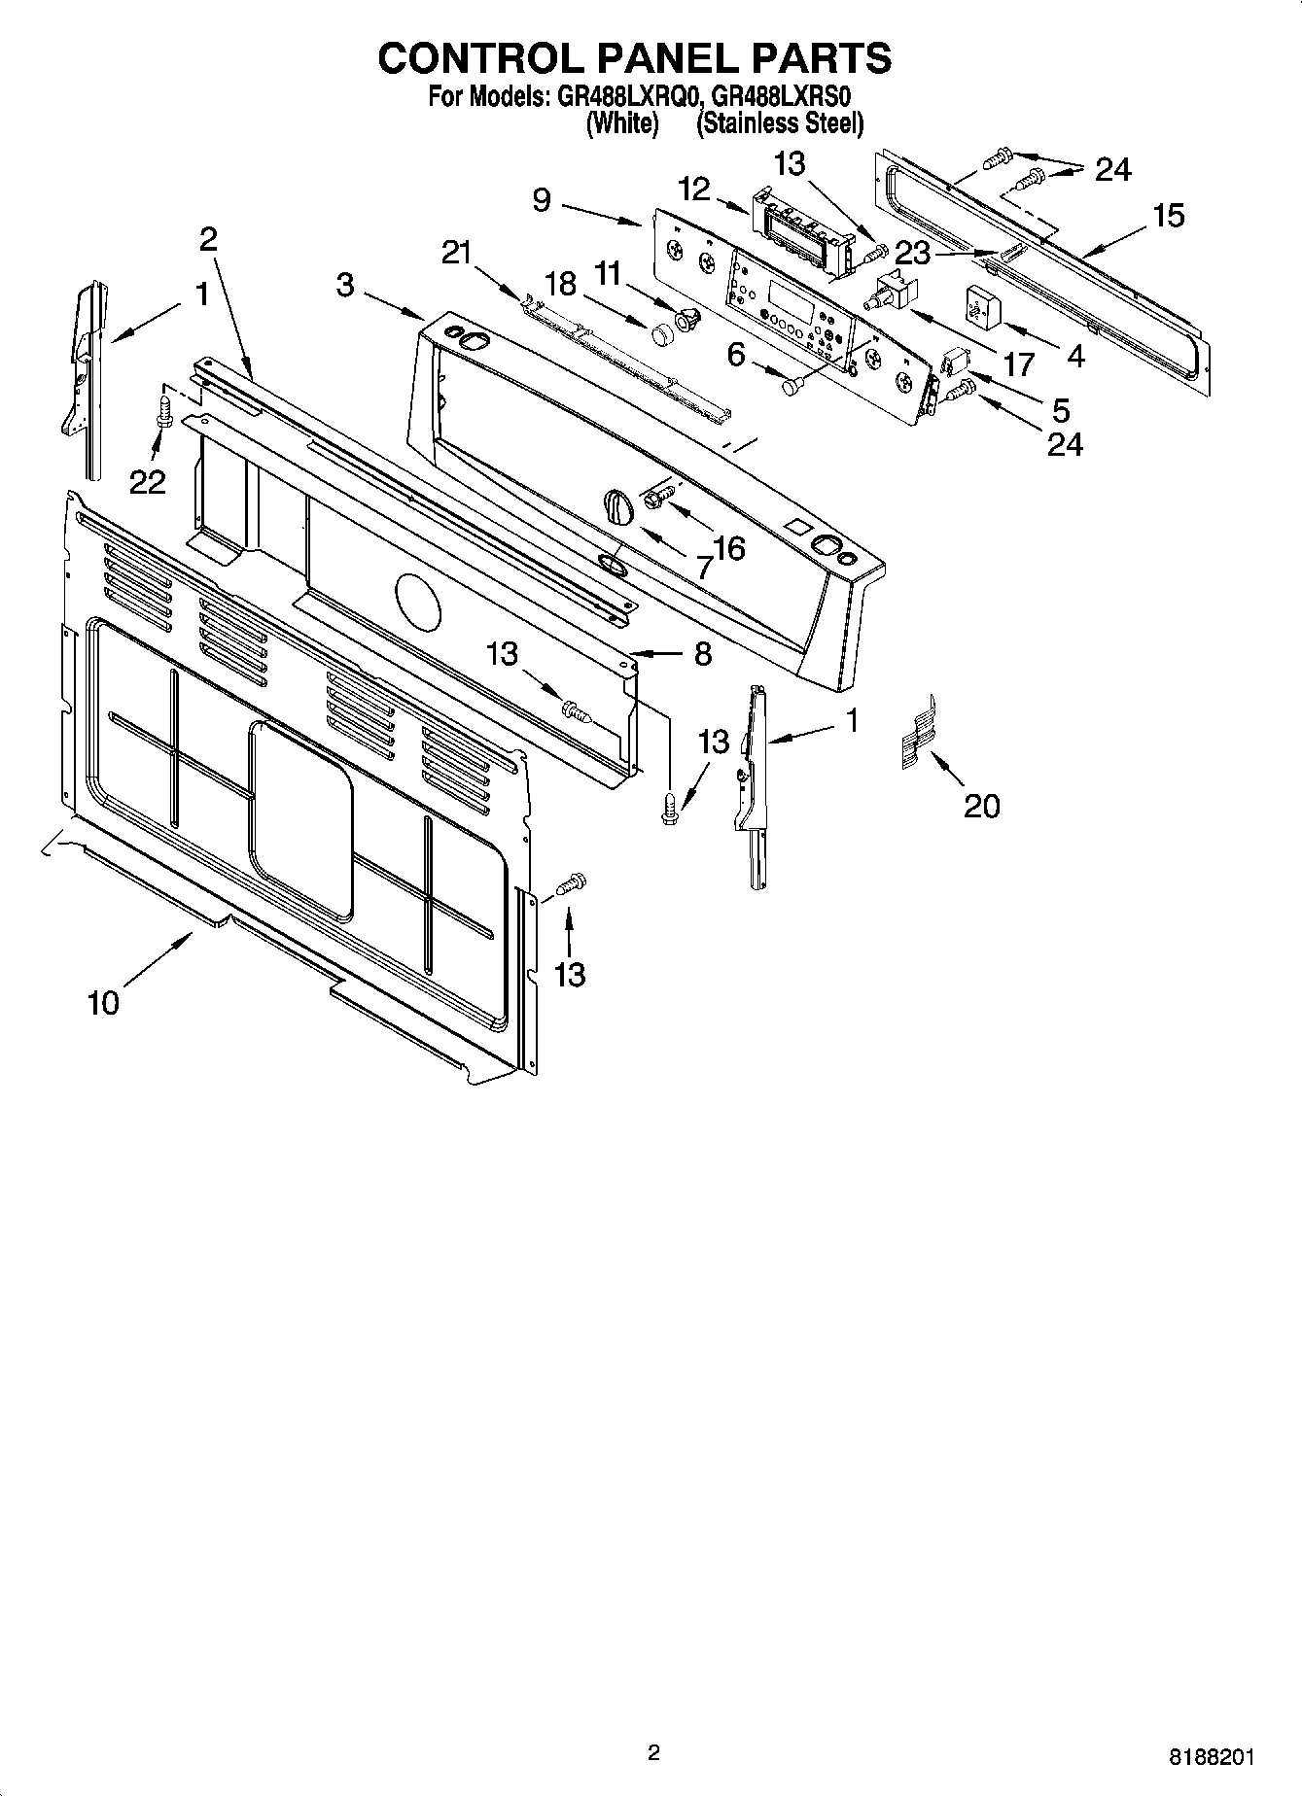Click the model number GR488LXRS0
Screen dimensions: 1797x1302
click(788, 97)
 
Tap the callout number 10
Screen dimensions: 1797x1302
click(103, 1002)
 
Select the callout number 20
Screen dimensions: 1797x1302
click(981, 805)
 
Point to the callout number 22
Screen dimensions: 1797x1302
click(148, 481)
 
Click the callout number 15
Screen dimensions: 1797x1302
click(1169, 216)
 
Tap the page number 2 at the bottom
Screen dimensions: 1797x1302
click(653, 1752)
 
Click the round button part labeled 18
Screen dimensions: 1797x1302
click(663, 333)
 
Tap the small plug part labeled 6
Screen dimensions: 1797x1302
click(791, 387)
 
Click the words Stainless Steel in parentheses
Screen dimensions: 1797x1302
click(780, 123)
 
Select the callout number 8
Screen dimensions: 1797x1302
click(702, 653)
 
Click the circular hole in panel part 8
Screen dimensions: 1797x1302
click(418, 602)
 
